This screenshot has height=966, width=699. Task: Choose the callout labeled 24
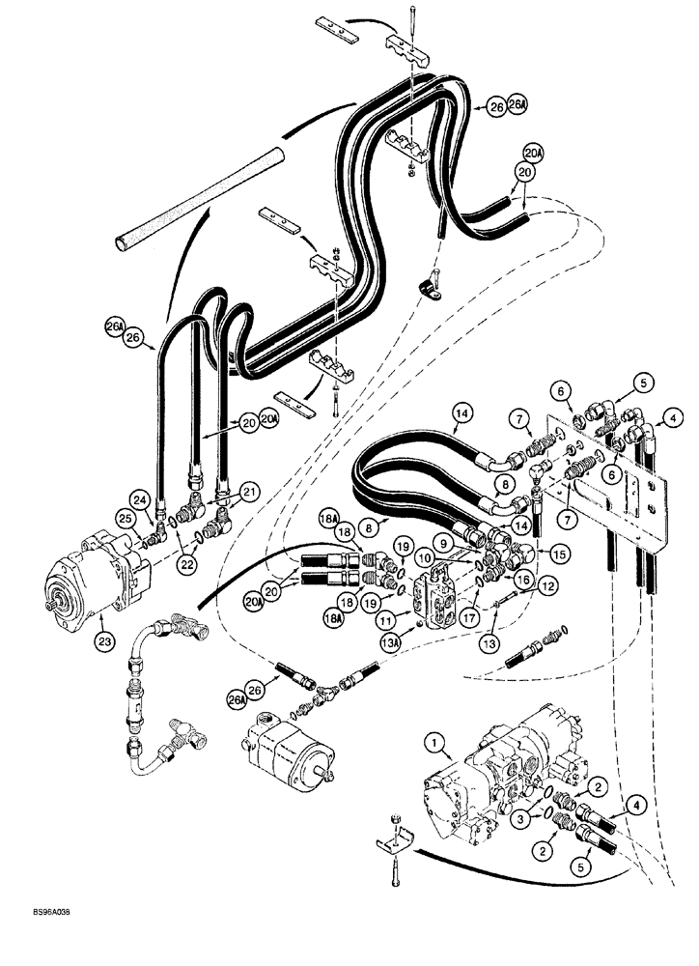click(x=140, y=500)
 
